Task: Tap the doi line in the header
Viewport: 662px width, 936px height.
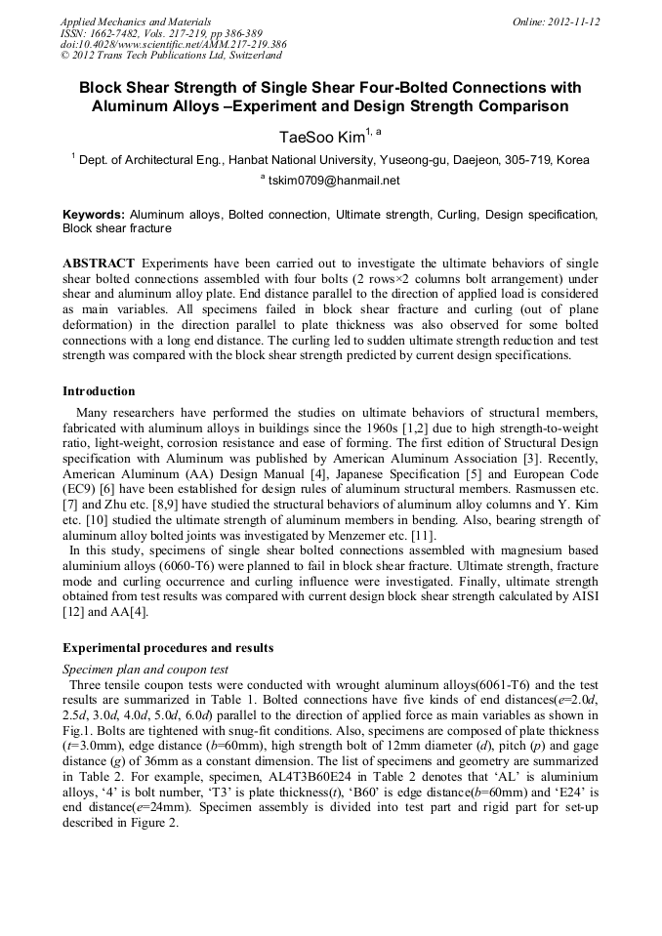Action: pyautogui.click(x=173, y=45)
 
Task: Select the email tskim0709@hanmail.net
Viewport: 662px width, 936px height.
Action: pyautogui.click(x=335, y=181)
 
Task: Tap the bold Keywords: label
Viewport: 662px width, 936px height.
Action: pyautogui.click(x=94, y=213)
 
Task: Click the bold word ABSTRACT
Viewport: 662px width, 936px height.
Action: pyautogui.click(x=98, y=265)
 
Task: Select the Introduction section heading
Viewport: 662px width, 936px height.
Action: pyautogui.click(x=99, y=391)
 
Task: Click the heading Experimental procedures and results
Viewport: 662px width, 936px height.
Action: pyautogui.click(x=168, y=648)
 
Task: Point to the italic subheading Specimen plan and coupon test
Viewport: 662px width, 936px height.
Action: pyautogui.click(x=145, y=670)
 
